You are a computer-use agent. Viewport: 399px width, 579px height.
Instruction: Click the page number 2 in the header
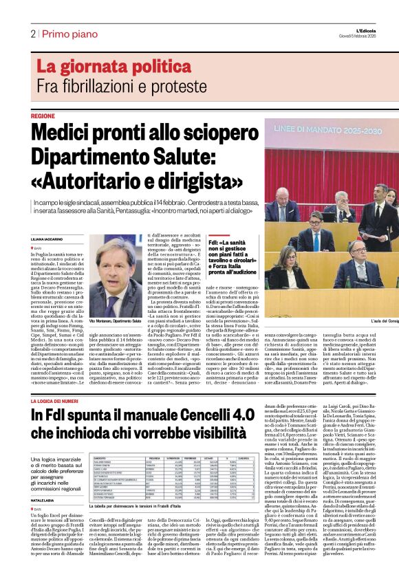pyautogui.click(x=32, y=34)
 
